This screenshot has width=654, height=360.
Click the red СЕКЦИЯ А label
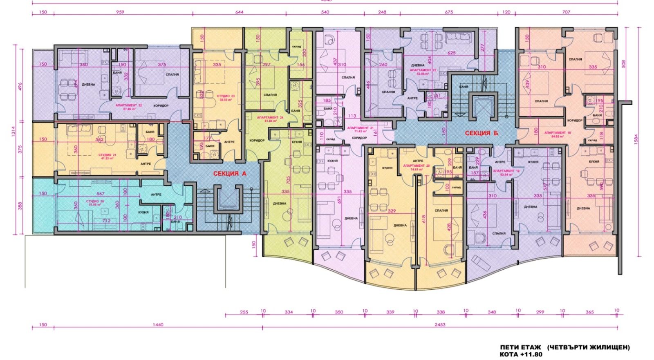229,173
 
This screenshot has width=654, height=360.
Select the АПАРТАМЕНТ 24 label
270,118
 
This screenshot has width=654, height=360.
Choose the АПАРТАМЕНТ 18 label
558,133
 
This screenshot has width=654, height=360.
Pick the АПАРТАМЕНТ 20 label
417,166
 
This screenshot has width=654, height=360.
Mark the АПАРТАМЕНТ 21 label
361,128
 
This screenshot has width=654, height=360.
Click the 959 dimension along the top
120,12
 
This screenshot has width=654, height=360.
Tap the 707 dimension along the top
566,12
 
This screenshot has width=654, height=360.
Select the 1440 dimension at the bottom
158,324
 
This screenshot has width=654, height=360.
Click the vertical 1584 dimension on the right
636,139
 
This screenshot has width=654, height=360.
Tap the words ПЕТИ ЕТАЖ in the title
520,347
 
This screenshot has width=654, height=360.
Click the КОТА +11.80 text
521,354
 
